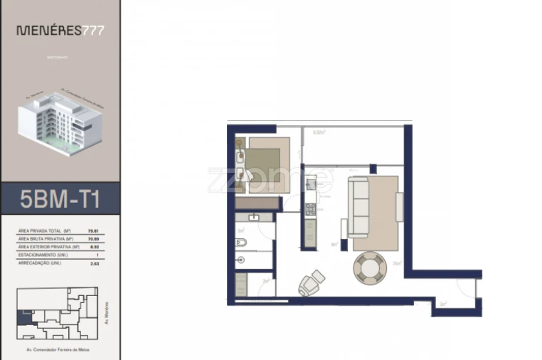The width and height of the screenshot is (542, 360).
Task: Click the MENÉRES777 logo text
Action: coord(60,31)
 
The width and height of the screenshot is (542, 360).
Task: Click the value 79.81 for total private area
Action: coord(92,231)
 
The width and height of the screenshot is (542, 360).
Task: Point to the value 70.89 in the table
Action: coord(92,239)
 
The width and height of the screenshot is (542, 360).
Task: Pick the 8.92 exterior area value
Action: coord(92,246)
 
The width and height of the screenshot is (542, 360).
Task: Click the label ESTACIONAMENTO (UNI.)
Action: coord(42,254)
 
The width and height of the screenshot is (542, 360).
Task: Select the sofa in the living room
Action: coord(358,208)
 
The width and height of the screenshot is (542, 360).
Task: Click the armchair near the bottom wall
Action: coord(311,283)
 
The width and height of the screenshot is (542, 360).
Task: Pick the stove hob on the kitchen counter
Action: coord(309,210)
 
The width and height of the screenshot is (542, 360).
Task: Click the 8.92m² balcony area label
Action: coord(319,132)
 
